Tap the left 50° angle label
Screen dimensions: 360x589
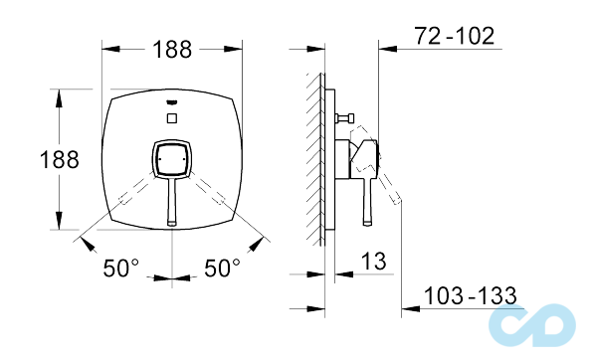pos(121,269)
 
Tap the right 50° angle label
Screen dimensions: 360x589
pos(223,269)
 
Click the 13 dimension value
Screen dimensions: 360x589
pos(374,262)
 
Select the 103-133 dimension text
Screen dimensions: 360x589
pos(470,295)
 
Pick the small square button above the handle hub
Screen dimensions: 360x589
pos(172,119)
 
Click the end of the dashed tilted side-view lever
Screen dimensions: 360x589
pos(399,202)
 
